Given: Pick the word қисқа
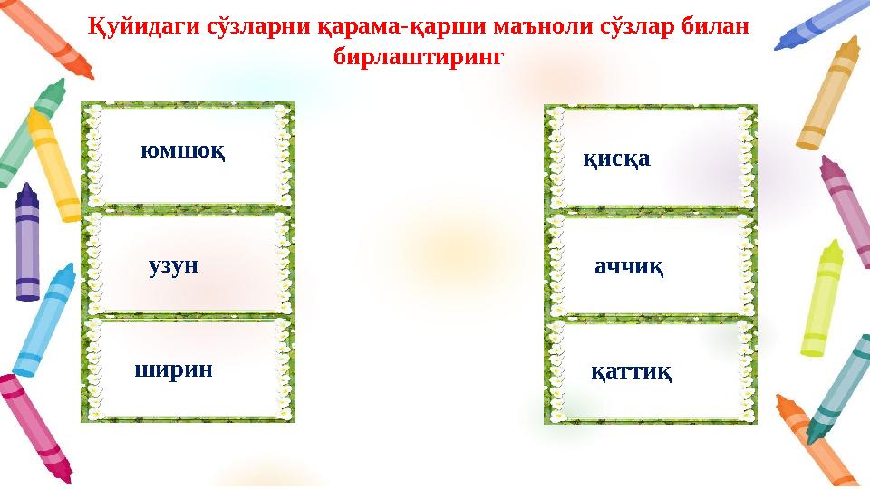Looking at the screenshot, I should pyautogui.click(x=616, y=160).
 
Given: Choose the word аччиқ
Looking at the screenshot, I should pyautogui.click(x=628, y=267).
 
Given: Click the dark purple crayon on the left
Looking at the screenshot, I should pyautogui.click(x=28, y=240).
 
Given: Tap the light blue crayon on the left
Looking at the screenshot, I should pyautogui.click(x=43, y=321).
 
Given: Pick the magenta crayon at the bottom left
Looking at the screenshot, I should pyautogui.click(x=34, y=426).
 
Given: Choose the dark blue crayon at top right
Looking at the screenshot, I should pyautogui.click(x=825, y=23).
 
